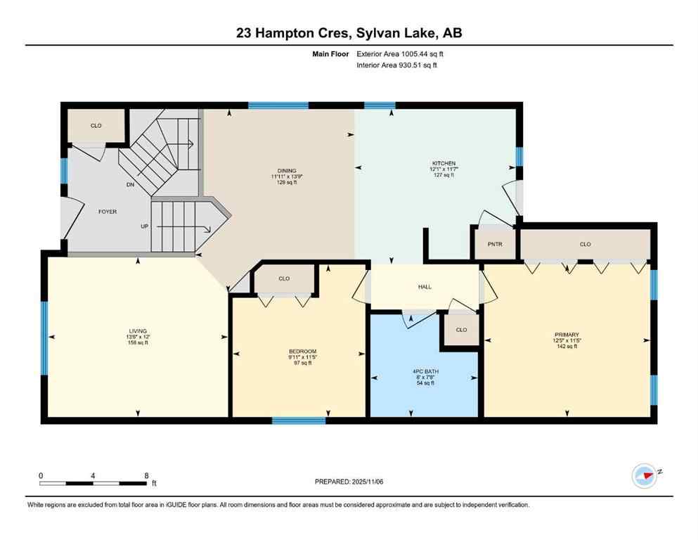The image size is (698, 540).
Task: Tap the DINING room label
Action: [286, 170]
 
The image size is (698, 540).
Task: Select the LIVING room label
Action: [136, 330]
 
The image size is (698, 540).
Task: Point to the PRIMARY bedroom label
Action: [565, 335]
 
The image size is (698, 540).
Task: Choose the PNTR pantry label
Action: [494, 244]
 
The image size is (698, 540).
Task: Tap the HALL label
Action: [425, 287]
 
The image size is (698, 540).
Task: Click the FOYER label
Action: [107, 211]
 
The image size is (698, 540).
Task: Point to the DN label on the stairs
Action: [130, 185]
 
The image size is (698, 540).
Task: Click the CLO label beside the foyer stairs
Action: [96, 126]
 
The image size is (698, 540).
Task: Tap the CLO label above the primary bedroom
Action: [585, 245]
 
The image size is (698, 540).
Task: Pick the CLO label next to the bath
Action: [461, 330]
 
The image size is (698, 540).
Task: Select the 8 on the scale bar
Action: [146, 476]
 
